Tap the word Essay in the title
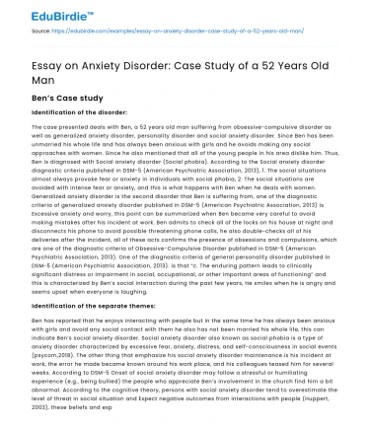pos(32,56)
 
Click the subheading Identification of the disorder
pos(69,113)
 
